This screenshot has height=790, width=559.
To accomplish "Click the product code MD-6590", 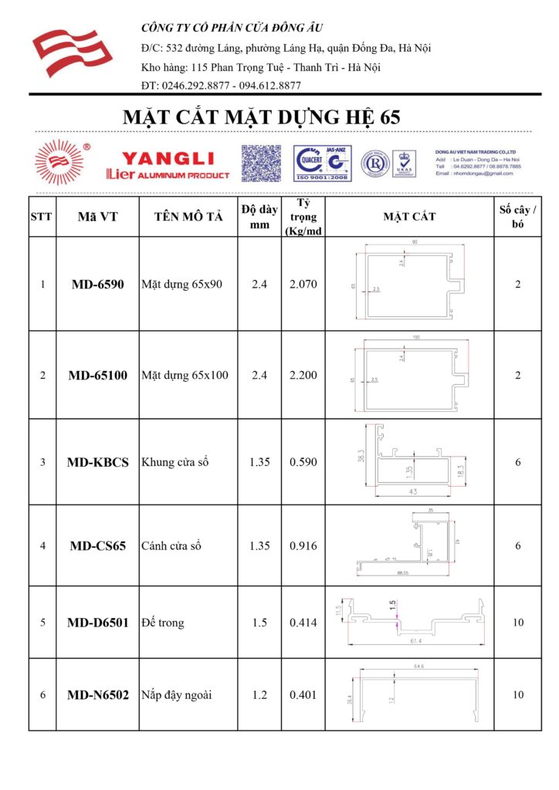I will point(97,284).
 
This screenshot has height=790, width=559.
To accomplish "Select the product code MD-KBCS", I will point(97,462).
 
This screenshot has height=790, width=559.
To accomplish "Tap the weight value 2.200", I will point(303,376).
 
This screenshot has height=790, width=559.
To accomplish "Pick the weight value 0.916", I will point(303,545).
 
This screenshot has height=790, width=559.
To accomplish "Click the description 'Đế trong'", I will point(163,622).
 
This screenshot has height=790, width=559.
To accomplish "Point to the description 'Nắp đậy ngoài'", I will point(177,695).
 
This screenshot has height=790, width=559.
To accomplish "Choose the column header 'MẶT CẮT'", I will point(409,216).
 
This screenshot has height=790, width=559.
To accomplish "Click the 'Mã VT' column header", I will point(97,217).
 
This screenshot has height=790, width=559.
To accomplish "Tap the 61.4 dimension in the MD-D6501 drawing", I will point(415,640).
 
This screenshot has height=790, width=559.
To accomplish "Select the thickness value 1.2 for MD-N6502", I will point(259,695).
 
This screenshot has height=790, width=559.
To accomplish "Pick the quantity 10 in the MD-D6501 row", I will point(517,622).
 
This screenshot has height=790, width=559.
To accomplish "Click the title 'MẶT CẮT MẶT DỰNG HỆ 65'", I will point(262,117).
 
